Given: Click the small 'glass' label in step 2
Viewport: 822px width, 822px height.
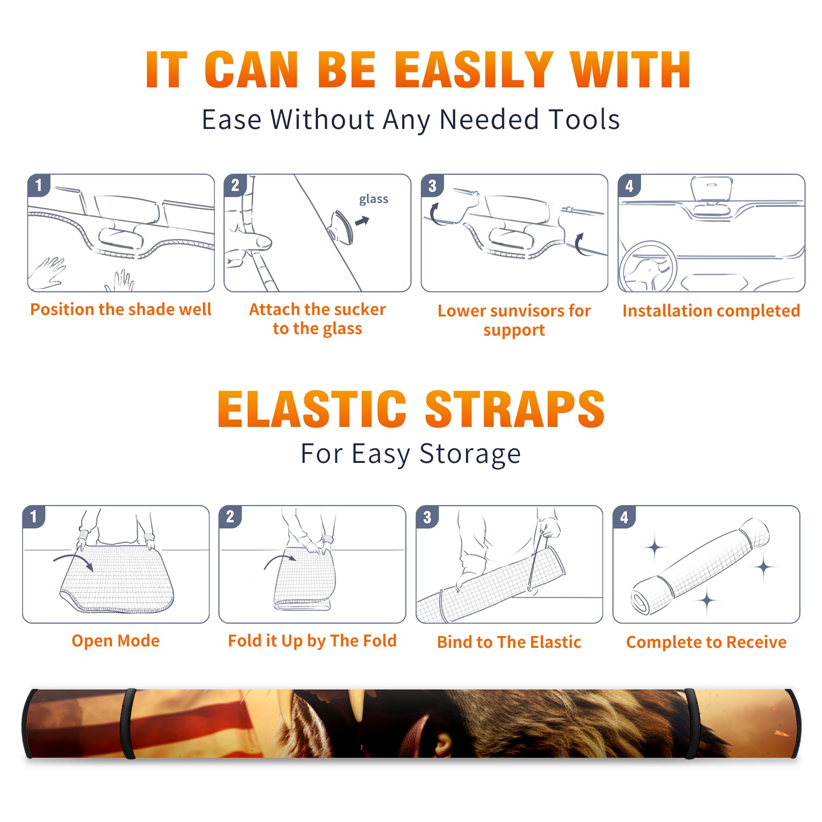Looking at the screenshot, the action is pos(373,199).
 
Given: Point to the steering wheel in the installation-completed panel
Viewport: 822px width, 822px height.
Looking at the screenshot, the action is pos(648,267).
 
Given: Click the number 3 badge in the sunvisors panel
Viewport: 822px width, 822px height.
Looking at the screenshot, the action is pos(432,185).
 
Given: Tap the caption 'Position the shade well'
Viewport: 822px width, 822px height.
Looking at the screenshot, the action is pos(121,309).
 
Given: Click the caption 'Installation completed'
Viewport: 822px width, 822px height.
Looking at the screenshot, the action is pos(711,311).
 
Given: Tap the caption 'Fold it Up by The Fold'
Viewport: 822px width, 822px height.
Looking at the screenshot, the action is pos(312,641).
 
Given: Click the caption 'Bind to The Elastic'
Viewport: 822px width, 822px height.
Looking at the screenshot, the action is pos(509,642).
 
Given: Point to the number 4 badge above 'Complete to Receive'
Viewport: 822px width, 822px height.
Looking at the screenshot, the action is pos(624,517).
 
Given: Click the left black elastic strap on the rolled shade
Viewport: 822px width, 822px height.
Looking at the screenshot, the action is pos(127,723).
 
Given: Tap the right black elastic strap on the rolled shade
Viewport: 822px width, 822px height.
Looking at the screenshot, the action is pos(690,723).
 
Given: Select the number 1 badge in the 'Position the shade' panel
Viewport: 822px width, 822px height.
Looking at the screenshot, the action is pos(39,185).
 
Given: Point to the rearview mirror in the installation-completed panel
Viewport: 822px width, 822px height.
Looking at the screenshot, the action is pos(711,190).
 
